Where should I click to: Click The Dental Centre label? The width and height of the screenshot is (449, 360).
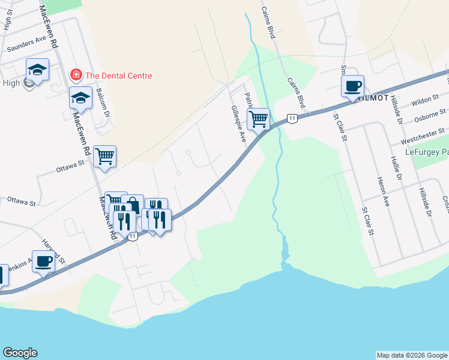click(x=118, y=76)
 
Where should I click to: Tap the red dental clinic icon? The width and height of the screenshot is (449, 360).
click(x=76, y=76)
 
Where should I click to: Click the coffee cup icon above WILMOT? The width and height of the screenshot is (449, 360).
click(x=352, y=86)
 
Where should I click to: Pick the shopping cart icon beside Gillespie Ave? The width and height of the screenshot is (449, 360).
click(x=258, y=118)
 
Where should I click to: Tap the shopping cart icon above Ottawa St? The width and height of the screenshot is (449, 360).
click(x=104, y=157)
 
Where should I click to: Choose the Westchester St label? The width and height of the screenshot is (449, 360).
click(x=423, y=134)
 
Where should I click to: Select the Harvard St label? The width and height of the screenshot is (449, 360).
click(x=54, y=253)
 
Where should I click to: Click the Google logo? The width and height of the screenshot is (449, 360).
click(x=20, y=353)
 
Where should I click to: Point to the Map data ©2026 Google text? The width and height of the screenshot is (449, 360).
click(x=411, y=355)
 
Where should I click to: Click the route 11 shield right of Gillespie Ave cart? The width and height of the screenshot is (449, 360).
click(x=292, y=118)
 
